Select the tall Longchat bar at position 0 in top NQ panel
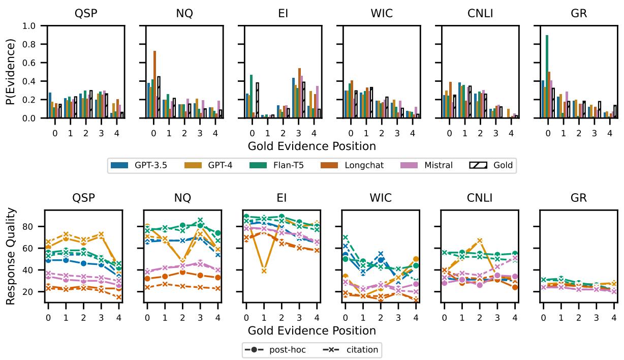[154, 84]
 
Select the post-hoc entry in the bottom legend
[274, 349]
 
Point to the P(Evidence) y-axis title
[11, 72]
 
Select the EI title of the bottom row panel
[283, 198]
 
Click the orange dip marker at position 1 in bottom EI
[264, 271]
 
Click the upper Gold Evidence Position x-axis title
[311, 146]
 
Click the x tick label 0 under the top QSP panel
[55, 126]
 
